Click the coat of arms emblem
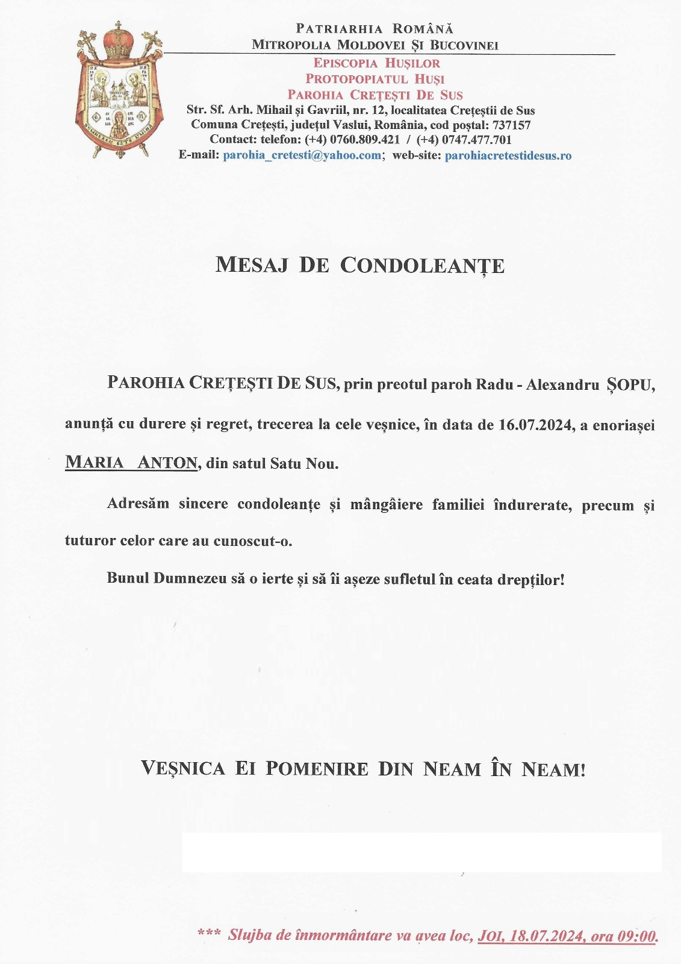point(119,99)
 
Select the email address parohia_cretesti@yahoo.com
point(302,155)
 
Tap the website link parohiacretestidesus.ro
point(508,155)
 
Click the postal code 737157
point(511,125)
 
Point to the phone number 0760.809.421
point(365,140)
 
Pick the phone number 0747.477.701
point(476,140)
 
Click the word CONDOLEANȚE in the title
point(422,266)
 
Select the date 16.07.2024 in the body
point(535,425)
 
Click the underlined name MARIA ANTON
point(131,463)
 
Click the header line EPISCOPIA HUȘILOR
point(376,63)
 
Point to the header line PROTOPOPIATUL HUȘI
point(375,79)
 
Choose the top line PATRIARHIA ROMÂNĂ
point(375,29)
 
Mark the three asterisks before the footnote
point(209,933)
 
